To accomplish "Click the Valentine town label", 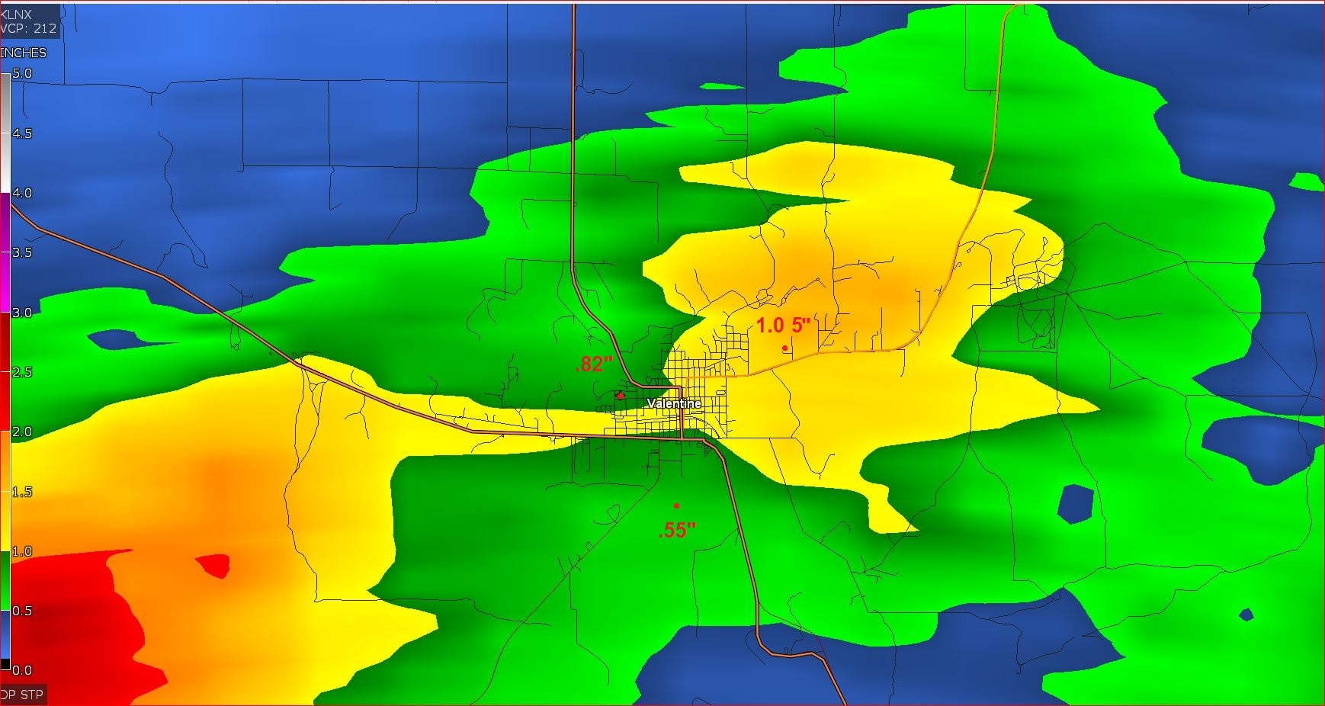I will pos(674,403).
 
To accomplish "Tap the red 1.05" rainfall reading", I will pos(782,326).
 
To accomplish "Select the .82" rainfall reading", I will pos(594,364).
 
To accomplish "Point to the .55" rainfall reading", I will pos(677,531).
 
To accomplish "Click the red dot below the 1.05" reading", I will pos(784,348).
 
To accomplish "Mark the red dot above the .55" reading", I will pos(676,505).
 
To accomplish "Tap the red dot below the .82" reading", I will pos(621,396).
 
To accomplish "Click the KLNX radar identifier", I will pos(17,14).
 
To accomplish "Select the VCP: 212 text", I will pos(29,29).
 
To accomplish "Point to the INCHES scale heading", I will pos(24,53).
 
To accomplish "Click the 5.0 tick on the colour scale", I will pos(22,74).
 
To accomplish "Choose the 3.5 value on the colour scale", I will pos(22,252).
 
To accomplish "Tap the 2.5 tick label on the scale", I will pos(22,372).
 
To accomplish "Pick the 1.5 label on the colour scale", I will pos(22,492).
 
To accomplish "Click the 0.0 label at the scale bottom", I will pos(22,670).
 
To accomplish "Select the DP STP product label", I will pos(22,695).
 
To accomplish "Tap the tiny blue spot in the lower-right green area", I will pos(1246,615).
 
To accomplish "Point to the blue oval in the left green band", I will pos(113,339).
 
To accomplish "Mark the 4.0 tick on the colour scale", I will pos(22,193).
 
